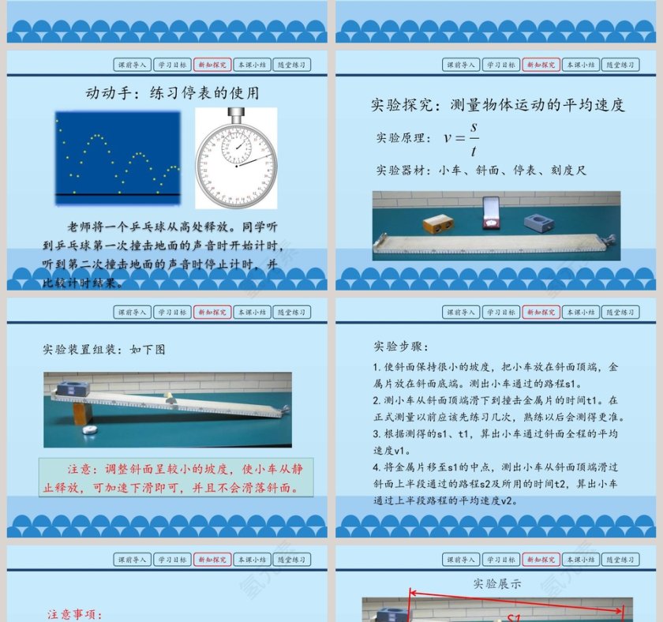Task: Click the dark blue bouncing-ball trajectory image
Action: click(118, 154)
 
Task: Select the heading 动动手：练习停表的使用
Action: click(172, 93)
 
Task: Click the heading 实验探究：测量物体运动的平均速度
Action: click(498, 104)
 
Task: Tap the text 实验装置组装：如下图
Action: click(104, 348)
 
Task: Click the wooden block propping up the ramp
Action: click(83, 414)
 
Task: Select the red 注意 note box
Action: click(176, 478)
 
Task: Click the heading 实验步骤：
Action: click(400, 347)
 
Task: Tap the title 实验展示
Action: click(497, 584)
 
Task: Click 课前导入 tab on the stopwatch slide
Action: click(131, 65)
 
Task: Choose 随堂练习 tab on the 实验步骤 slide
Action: click(620, 312)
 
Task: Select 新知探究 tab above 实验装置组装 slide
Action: click(212, 312)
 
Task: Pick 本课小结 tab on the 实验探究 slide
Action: click(580, 65)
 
